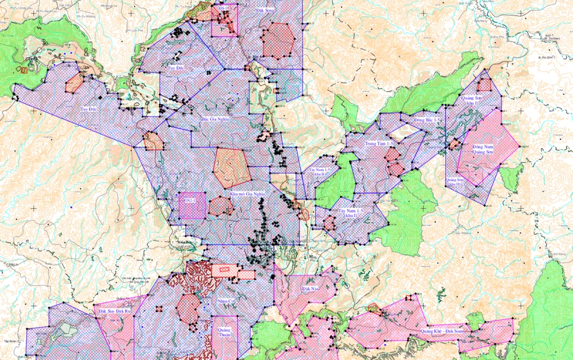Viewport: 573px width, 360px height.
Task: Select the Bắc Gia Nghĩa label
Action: pos(215,120)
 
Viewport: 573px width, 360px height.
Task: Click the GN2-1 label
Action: pos(187,201)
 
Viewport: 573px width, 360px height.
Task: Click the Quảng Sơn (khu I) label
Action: pos(473,101)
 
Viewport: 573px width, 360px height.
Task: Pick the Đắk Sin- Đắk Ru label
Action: pos(115,310)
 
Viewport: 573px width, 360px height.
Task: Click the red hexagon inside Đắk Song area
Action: pos(278,40)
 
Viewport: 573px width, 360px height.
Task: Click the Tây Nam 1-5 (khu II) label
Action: pos(319,173)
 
